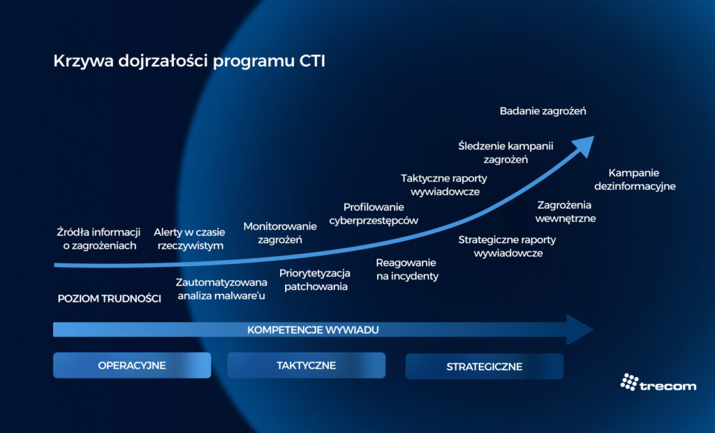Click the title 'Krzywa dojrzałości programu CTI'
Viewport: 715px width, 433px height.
(189, 61)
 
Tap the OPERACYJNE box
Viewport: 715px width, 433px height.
(132, 365)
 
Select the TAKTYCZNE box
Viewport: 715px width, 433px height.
(306, 365)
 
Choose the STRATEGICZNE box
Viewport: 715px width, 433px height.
(484, 366)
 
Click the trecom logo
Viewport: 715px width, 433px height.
(658, 383)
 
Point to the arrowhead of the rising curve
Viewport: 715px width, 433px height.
(582, 144)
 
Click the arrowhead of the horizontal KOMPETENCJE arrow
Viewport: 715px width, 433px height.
(580, 330)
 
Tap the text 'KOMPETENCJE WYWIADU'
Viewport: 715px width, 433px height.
(313, 330)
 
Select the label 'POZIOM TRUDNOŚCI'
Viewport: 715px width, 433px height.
(109, 299)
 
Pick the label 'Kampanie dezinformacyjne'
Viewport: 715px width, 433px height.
(635, 179)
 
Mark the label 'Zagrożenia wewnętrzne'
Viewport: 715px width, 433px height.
(564, 212)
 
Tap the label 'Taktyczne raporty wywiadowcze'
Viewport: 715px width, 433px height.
(444, 184)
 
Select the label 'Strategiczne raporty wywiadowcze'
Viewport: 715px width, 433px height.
(508, 247)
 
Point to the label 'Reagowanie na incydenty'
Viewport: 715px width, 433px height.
(406, 269)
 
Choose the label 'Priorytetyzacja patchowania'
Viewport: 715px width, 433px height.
(315, 279)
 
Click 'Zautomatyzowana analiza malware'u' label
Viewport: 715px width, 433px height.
(221, 288)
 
